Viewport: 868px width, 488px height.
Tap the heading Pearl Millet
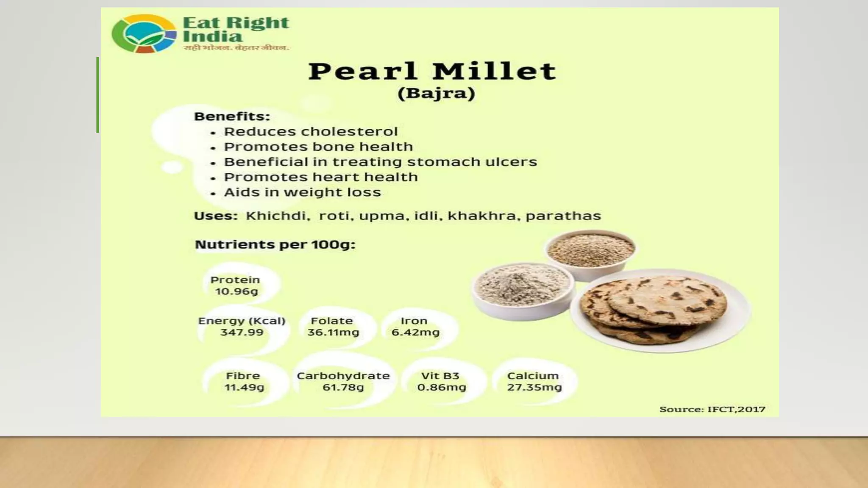432,71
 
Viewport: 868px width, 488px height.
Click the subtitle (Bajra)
436,93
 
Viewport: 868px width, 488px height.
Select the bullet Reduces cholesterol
311,132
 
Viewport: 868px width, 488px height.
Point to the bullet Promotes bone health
318,147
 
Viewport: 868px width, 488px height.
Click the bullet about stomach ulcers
380,162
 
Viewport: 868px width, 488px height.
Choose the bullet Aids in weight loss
302,192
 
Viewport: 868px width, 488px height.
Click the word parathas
563,216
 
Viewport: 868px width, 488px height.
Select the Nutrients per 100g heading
275,245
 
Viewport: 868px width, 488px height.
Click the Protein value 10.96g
236,291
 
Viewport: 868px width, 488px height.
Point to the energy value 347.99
242,333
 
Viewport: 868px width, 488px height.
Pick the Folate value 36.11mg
333,333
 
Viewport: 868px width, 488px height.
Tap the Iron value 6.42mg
415,333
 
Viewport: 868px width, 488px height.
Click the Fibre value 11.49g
244,387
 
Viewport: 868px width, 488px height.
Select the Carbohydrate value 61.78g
343,387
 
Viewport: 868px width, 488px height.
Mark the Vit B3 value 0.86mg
442,387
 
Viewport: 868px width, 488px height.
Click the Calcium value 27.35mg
534,387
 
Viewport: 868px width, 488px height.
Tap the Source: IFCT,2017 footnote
712,409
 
